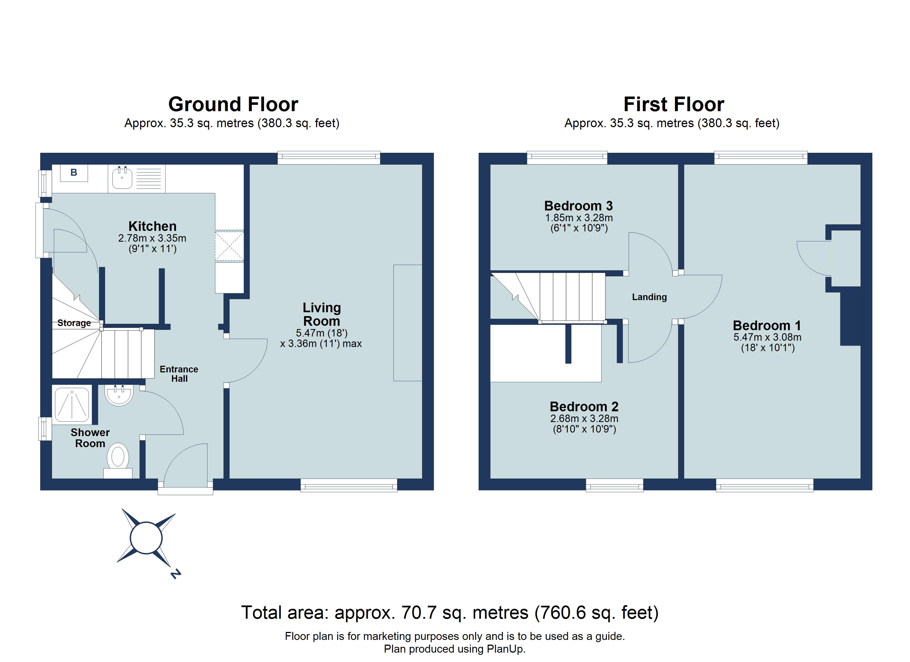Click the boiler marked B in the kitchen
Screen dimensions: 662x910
pos(74,173)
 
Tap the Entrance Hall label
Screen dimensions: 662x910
pos(179,374)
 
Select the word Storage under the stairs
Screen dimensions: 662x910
pos(74,323)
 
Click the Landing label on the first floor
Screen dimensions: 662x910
pos(649,297)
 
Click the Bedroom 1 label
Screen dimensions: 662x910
pos(767,325)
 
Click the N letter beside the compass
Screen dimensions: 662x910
pos(175,574)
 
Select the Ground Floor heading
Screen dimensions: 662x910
pos(233,104)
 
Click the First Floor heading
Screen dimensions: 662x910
pos(674,104)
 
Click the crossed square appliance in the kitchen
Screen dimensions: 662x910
pos(229,246)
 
